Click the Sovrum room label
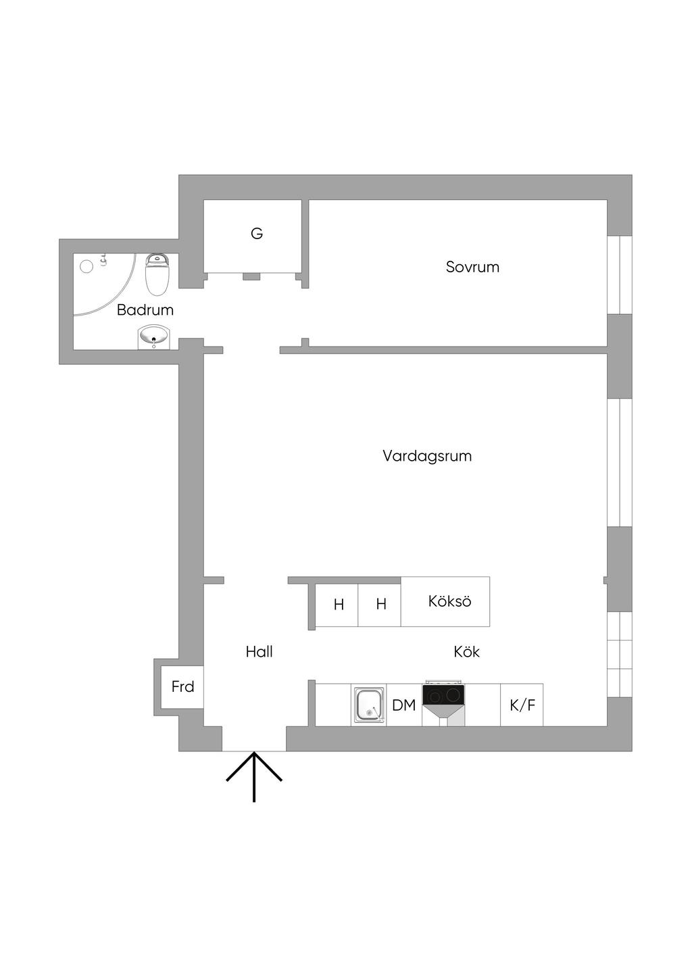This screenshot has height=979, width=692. [x=472, y=267]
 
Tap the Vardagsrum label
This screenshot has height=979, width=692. [x=427, y=456]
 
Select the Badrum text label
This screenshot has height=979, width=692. [x=145, y=310]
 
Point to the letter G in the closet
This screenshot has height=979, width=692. [x=257, y=234]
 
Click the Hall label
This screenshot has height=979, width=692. [x=259, y=652]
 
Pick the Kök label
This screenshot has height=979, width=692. [x=466, y=652]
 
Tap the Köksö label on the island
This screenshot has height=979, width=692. [x=449, y=601]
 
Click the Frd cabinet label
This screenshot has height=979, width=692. [x=182, y=687]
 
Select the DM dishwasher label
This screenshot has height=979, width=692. [x=403, y=705]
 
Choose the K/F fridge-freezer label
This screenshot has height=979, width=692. [x=522, y=705]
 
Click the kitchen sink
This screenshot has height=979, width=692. [x=369, y=705]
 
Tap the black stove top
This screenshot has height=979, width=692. [x=443, y=695]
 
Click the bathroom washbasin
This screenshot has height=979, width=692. [x=155, y=335]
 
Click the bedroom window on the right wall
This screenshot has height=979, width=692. [x=619, y=274]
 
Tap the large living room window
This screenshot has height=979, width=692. [x=619, y=463]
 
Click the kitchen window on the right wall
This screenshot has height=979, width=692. [x=619, y=653]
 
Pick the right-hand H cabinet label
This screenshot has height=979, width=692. [x=381, y=604]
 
